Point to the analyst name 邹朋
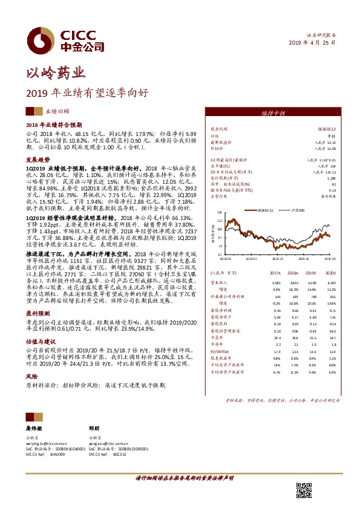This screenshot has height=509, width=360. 93,427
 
